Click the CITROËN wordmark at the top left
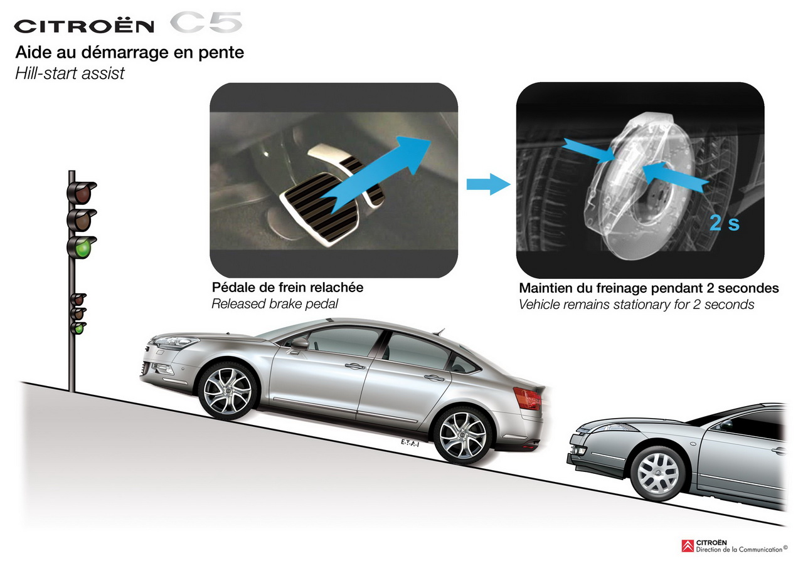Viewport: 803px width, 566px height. coord(84,26)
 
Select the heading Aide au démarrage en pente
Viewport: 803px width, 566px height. coord(129,53)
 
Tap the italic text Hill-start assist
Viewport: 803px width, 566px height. coord(70,73)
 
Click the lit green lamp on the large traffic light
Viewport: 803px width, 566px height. coord(83,247)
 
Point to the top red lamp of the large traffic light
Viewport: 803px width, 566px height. coord(83,194)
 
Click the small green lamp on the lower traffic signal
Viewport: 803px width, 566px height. coord(78,328)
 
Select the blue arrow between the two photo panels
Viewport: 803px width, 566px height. coord(488,184)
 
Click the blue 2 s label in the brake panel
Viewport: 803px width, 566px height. coord(725,223)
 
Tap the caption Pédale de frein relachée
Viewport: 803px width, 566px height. coord(287,287)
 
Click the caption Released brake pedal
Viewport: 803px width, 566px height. coord(275,304)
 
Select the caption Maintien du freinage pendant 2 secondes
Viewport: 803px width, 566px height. coord(649,288)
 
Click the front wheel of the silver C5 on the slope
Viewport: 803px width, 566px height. coord(228,390)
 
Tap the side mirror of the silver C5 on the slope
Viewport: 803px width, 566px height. coord(300,343)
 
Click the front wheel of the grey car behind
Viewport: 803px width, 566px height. coord(658,474)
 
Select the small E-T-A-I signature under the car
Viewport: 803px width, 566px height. coord(410,444)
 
